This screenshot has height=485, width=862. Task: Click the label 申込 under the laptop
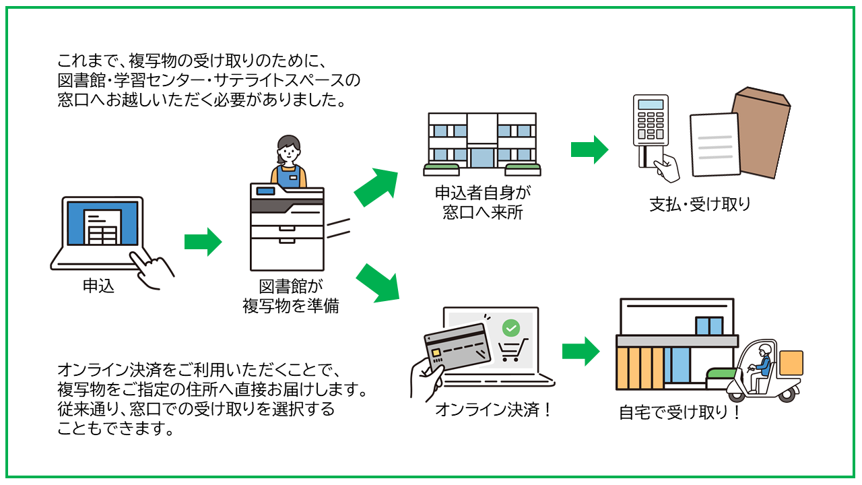pos(98,286)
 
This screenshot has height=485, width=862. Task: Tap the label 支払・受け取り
pos(700,204)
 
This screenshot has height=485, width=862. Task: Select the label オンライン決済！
pos(494,409)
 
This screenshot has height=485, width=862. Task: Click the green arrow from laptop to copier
pos(203,242)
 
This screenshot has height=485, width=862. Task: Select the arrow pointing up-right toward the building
pos(376,187)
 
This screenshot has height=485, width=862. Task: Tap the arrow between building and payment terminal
pos(589,149)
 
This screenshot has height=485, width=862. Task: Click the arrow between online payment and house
pos(581,350)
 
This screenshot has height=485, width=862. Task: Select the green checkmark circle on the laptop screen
pos(512,328)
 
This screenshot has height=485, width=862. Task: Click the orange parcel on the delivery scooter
pos(791,363)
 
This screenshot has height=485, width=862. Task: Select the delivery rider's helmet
pos(764,350)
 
